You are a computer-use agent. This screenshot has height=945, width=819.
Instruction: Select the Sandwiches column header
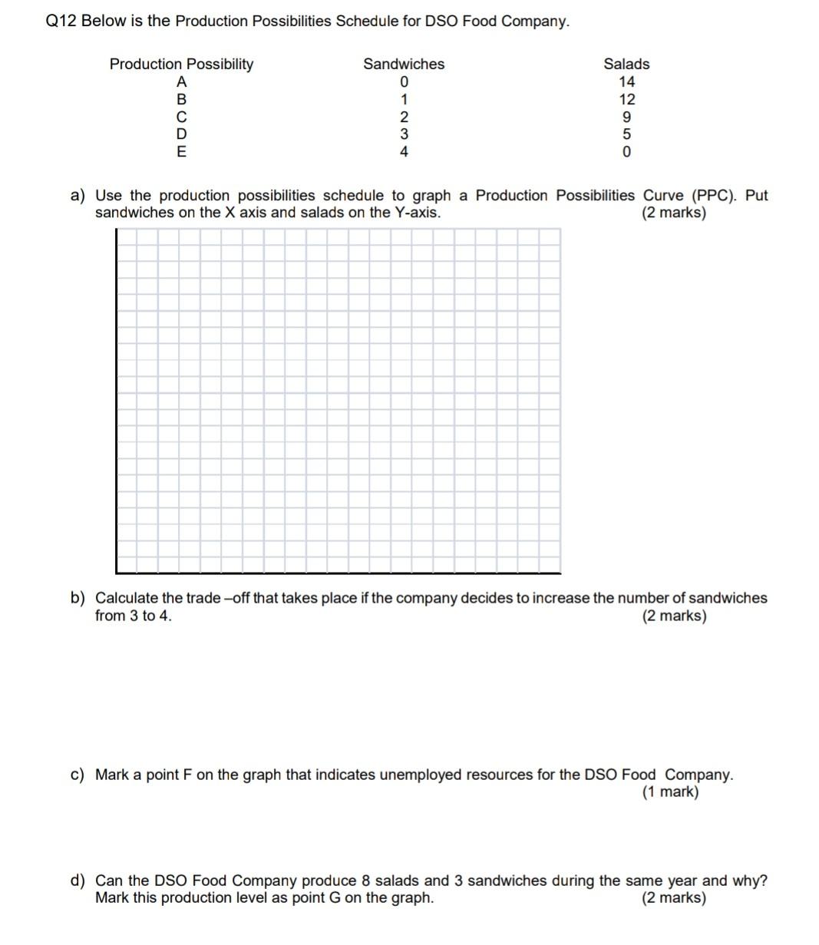(404, 64)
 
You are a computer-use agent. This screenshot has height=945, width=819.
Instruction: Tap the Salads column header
(626, 64)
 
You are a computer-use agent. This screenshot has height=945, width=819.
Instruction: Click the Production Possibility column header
(181, 64)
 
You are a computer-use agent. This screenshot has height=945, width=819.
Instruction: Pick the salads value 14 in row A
(626, 81)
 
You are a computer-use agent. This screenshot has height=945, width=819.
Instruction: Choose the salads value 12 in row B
(626, 99)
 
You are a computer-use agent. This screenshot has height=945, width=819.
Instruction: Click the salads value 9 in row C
(626, 117)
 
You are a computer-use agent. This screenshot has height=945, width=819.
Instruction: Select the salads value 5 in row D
(626, 134)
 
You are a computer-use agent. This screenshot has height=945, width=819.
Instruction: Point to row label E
(181, 152)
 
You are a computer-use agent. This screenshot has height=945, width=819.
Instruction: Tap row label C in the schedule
(181, 117)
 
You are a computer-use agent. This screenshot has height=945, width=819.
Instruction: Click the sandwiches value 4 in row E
(404, 152)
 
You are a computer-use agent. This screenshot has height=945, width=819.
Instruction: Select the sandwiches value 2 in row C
(404, 117)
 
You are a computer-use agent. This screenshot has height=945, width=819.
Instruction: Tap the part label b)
(78, 598)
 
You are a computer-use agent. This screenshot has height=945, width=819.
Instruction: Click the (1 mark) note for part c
(670, 792)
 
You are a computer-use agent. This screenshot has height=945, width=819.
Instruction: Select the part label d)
(78, 881)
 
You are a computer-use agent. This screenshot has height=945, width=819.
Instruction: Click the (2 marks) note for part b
(674, 616)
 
